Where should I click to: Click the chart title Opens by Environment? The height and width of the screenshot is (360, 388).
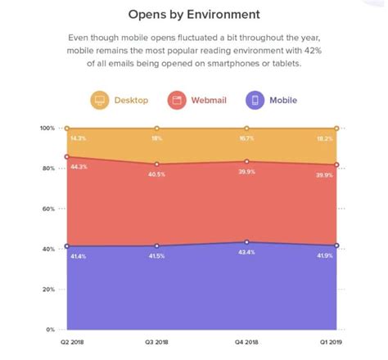[x=194, y=14]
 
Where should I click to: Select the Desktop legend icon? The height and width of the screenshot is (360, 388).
[x=99, y=101]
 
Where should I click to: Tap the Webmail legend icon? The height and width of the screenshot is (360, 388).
[x=175, y=101]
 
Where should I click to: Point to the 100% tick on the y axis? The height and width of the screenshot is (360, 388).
[x=47, y=128]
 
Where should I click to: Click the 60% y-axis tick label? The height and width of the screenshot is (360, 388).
[x=47, y=209]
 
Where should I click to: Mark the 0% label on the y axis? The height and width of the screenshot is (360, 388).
[x=49, y=329]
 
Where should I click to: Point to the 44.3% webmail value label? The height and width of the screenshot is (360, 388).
[x=79, y=167]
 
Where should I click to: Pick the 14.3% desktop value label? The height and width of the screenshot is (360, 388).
[x=79, y=139]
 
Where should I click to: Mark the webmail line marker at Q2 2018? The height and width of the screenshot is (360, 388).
[x=68, y=156]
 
